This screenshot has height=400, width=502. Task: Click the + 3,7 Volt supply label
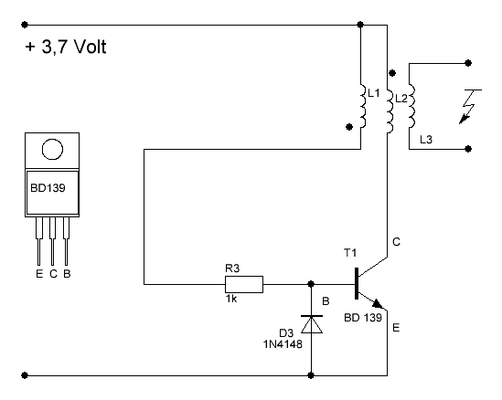66,47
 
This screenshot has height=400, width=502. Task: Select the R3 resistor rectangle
244,284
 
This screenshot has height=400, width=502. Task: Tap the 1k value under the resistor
231,299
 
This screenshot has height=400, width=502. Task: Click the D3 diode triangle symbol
312,324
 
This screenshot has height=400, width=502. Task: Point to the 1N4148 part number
283,344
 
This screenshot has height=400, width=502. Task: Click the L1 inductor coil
363,106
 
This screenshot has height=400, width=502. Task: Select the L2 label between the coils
401,99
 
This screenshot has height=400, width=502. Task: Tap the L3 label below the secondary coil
426,140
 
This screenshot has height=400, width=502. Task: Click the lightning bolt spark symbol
470,107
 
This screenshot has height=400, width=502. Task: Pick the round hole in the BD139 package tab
52,150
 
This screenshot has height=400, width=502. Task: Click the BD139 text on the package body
48,188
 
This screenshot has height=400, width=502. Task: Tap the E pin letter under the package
39,274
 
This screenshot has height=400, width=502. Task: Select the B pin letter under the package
67,274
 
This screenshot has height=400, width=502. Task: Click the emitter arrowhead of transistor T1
378,303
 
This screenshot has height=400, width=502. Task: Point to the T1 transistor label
350,253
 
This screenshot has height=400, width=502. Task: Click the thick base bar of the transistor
357,284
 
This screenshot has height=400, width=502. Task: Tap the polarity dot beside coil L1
349,127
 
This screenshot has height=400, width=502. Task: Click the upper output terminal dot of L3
468,63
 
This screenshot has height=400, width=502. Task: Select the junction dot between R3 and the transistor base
311,284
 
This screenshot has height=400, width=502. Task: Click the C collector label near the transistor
396,242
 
